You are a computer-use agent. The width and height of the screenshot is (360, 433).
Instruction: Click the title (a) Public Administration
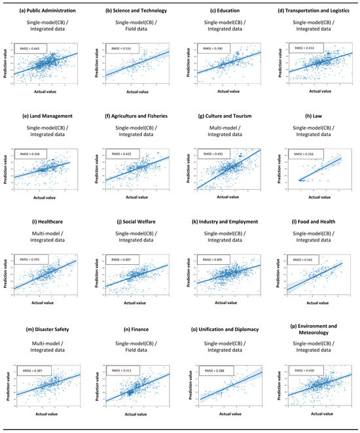tap(46, 10)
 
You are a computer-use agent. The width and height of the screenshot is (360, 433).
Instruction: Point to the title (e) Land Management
tap(46, 116)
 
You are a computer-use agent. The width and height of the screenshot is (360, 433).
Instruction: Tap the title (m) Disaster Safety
tap(46, 327)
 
